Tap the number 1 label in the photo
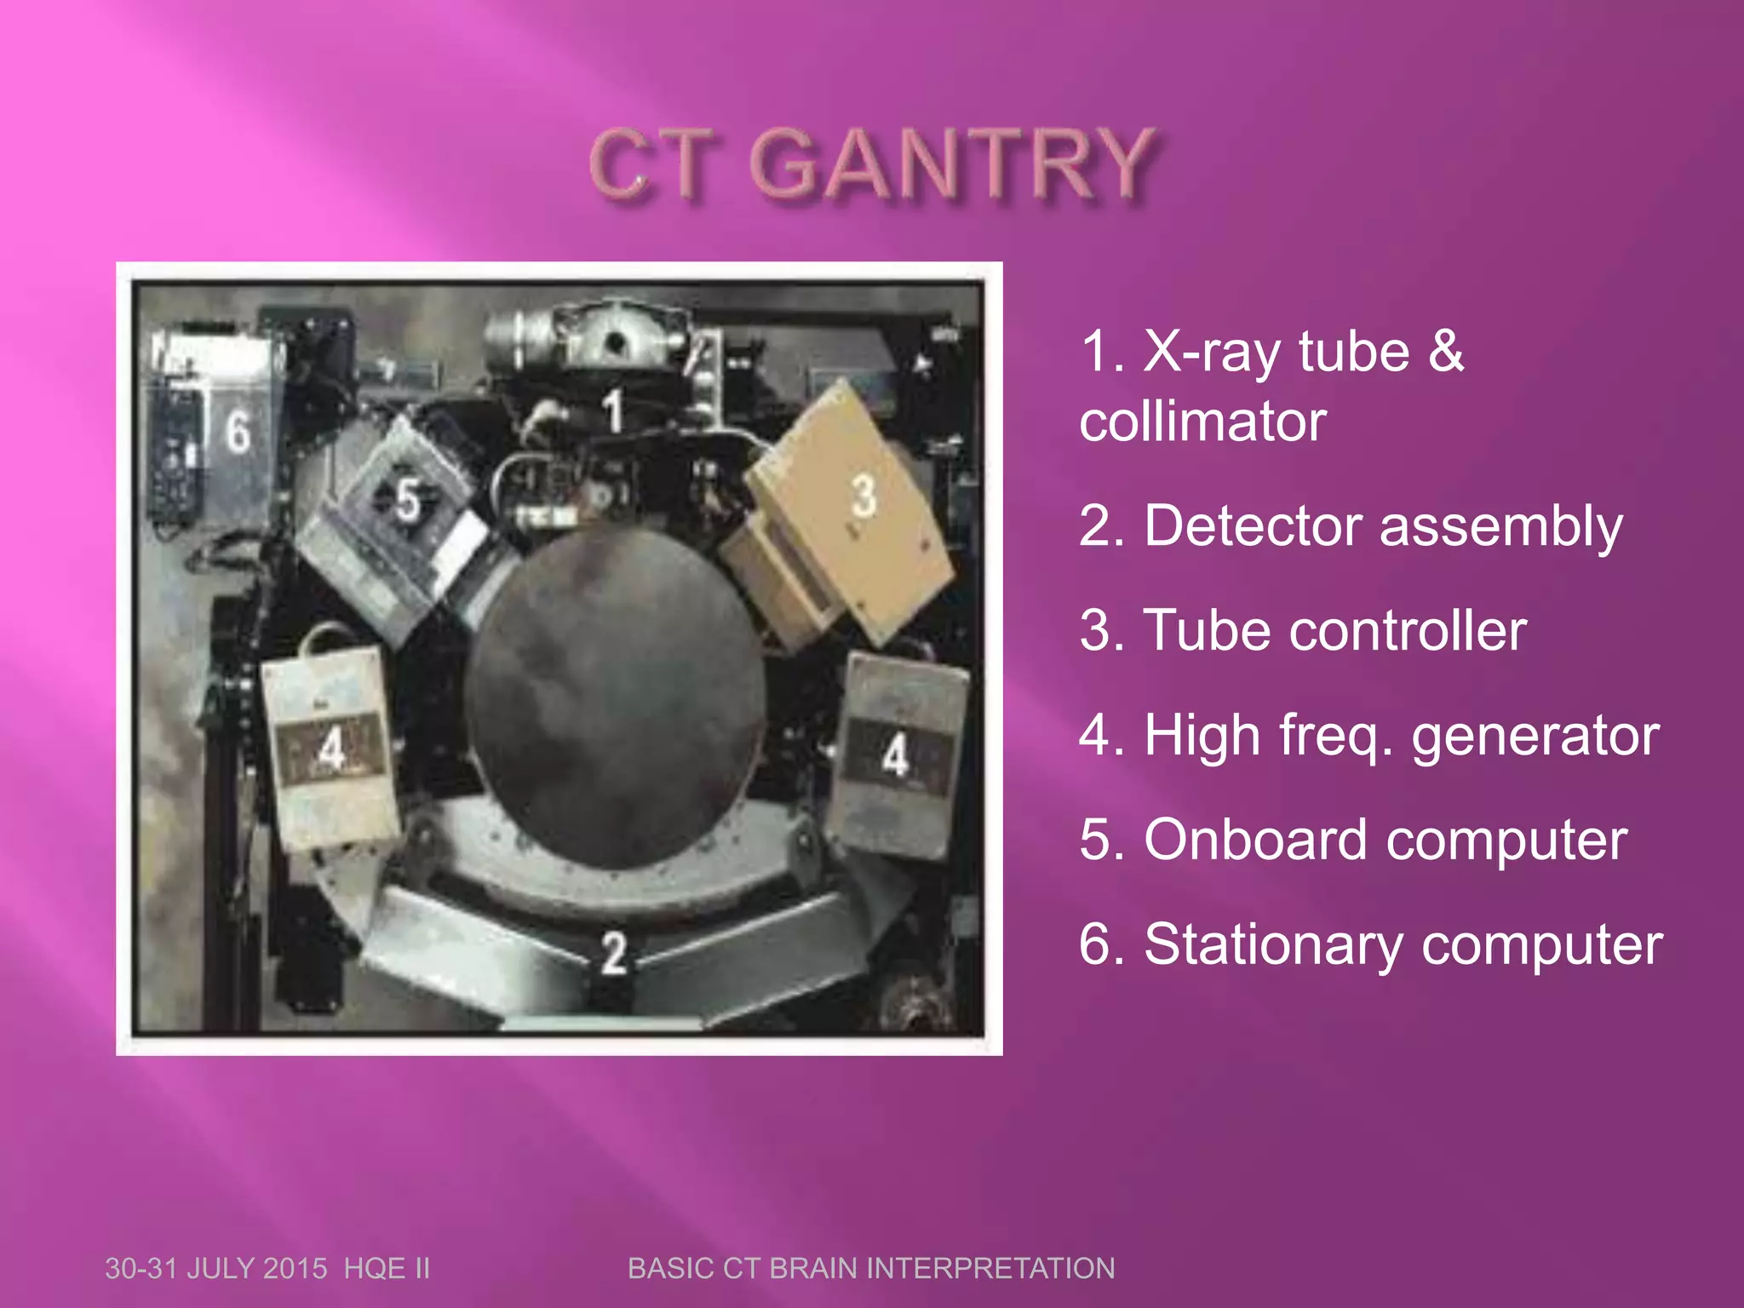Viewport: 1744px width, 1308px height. coord(613,410)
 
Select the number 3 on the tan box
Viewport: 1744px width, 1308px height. coord(863,496)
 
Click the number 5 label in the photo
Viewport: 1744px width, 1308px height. coord(408,499)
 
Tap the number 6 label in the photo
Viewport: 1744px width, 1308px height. coord(238,431)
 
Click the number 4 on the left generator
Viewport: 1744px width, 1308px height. coord(331,749)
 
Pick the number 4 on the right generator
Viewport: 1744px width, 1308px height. coord(895,754)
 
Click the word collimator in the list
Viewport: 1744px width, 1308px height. coord(1202,422)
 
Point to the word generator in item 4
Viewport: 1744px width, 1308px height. coord(1535,736)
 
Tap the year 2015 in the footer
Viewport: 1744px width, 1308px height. coord(295,1269)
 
